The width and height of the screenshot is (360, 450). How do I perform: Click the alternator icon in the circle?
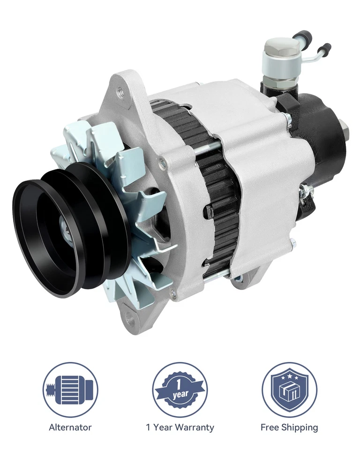[x=70, y=390]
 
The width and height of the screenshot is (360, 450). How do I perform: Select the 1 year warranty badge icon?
[x=180, y=390]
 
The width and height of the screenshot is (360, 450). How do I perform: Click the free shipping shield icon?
[x=289, y=390]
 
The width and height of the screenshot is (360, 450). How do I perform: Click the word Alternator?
[x=70, y=427]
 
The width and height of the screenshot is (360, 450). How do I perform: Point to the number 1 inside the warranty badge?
[x=180, y=383]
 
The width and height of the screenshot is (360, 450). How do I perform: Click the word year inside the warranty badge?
[x=180, y=395]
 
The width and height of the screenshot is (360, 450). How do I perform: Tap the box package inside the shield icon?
[x=289, y=394]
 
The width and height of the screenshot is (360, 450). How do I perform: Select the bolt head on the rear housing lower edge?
[x=293, y=244]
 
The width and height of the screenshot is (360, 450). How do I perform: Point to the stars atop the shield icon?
[x=289, y=376]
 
